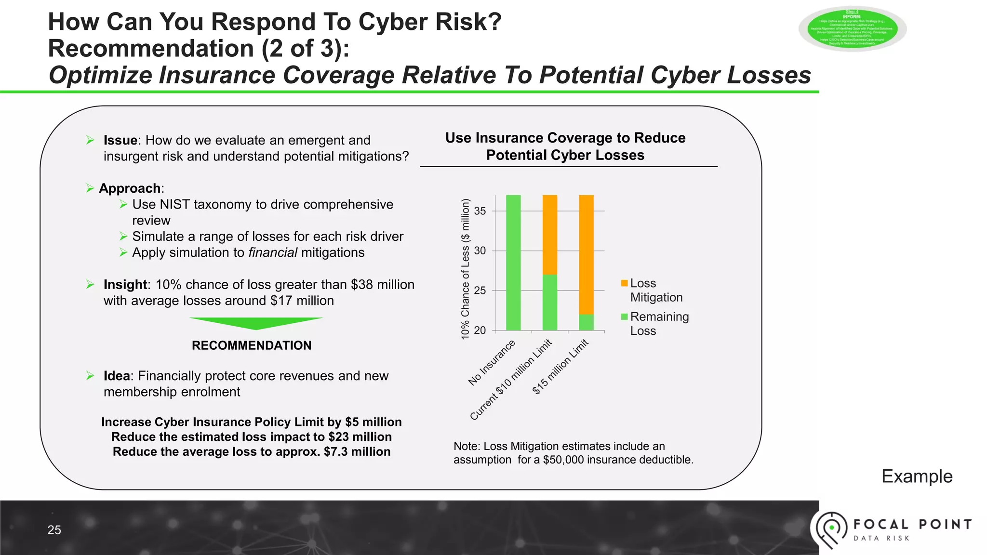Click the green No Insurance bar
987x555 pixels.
(513, 263)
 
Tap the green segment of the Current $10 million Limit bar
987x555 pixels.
(550, 302)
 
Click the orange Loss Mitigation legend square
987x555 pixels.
(625, 283)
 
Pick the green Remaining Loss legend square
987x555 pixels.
(625, 317)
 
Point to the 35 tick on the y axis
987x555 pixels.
(480, 211)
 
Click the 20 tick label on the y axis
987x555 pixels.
(480, 330)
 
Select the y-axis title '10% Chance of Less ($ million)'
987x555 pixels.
(465, 269)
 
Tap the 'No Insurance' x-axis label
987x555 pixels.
(492, 363)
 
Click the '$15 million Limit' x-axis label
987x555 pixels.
(560, 367)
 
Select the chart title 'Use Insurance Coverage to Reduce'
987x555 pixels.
(565, 138)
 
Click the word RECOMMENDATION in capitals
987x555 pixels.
(252, 345)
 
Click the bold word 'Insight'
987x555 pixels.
(125, 285)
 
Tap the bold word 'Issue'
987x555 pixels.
(120, 140)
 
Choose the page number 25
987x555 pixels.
(54, 530)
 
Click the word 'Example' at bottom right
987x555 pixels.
(917, 476)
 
